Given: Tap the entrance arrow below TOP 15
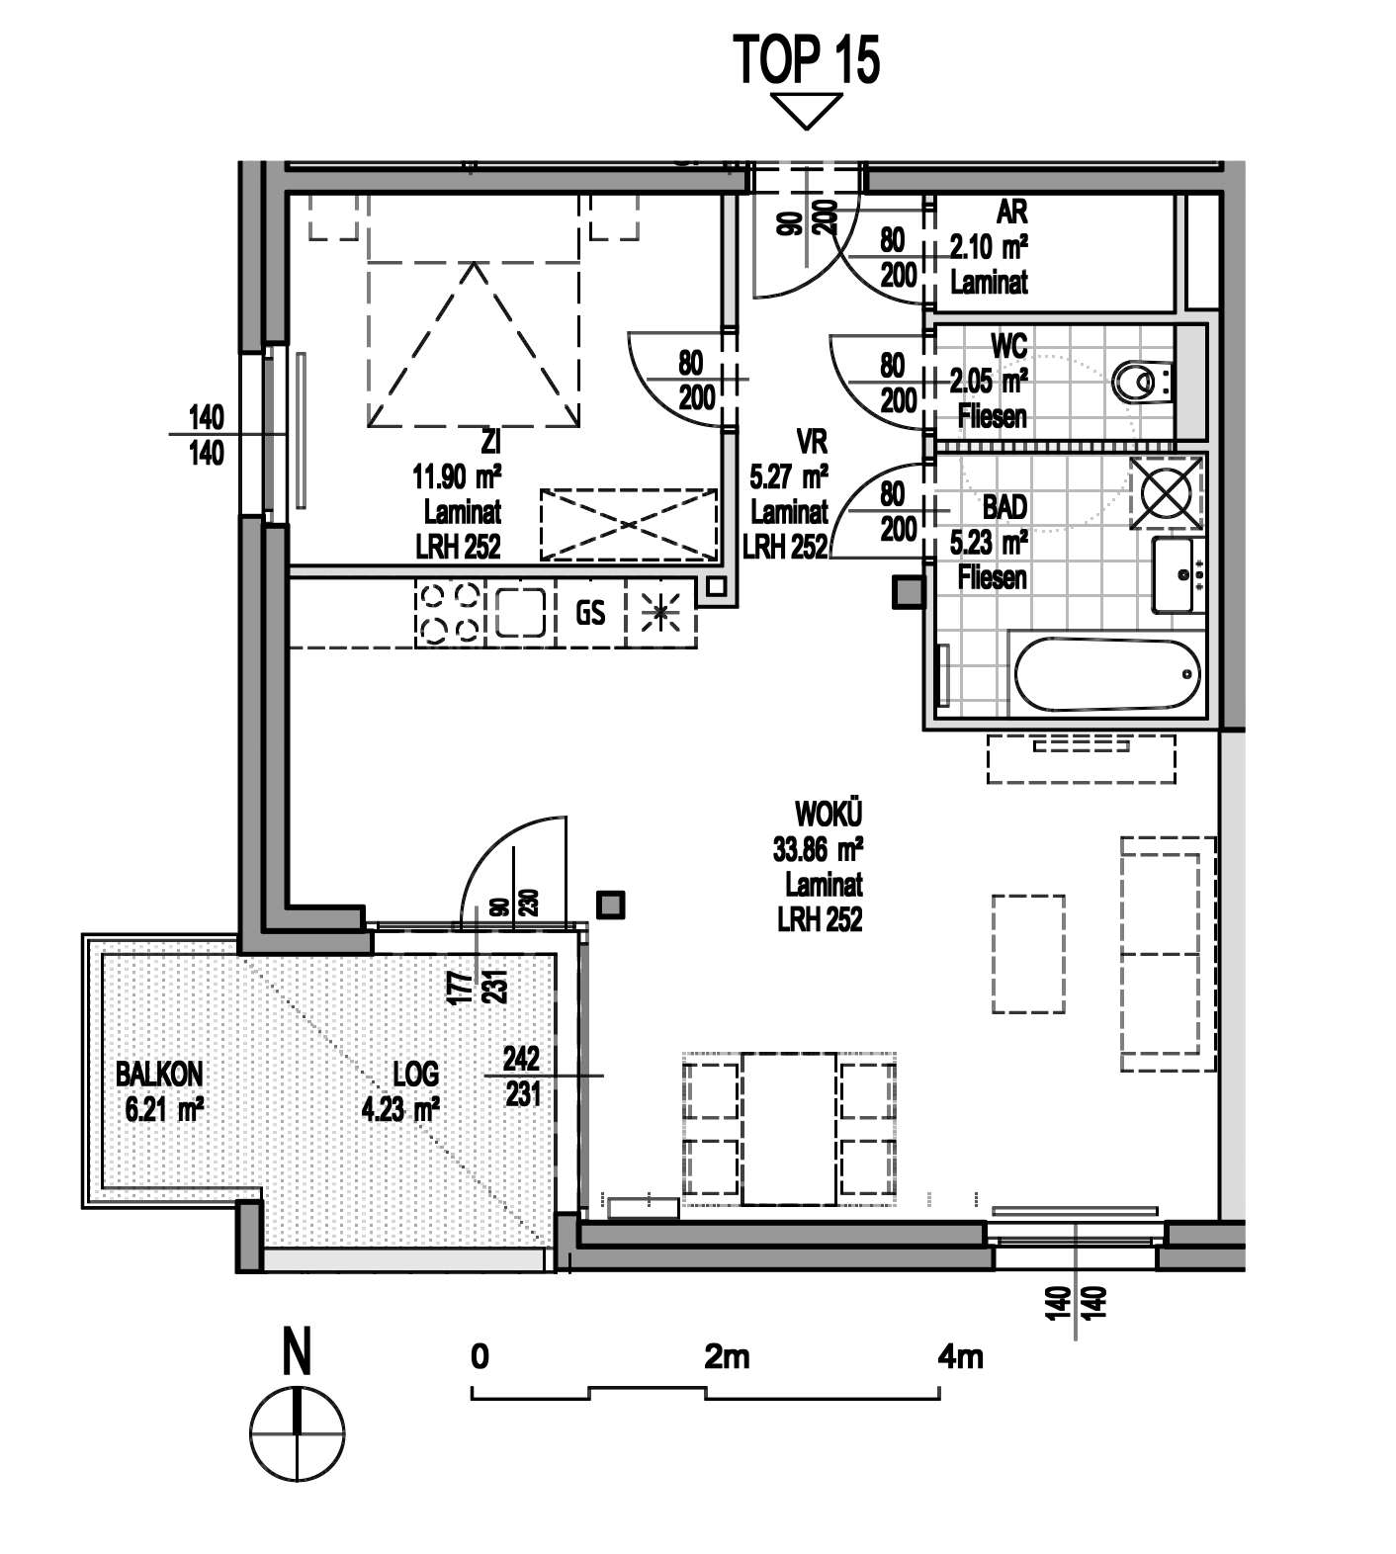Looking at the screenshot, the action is [808, 111].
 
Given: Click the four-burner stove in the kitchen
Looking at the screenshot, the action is [450, 613].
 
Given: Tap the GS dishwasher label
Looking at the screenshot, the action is [590, 613].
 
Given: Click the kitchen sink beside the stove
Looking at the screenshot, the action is [521, 613].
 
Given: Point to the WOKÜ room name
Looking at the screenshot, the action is [829, 815].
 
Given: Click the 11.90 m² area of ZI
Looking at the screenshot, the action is [457, 479].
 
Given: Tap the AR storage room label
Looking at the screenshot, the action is [1012, 212].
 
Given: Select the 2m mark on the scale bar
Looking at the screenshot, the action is [727, 1356].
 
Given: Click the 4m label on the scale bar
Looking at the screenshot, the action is [960, 1356].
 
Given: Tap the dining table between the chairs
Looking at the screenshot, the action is [790, 1129].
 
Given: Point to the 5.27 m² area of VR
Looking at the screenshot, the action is [789, 478].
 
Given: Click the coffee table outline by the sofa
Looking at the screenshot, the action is [1028, 954].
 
